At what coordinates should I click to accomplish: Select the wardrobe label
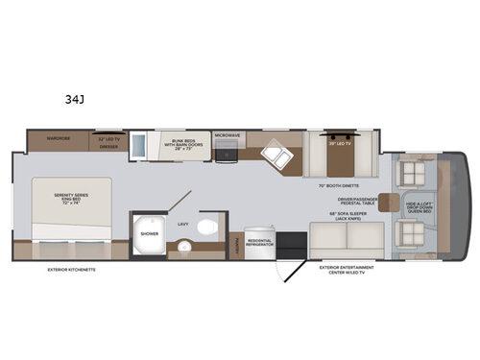[62, 140]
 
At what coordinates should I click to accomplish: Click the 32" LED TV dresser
[108, 143]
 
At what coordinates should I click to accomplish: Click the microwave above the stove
[227, 137]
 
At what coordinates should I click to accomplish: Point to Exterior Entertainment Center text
[346, 270]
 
